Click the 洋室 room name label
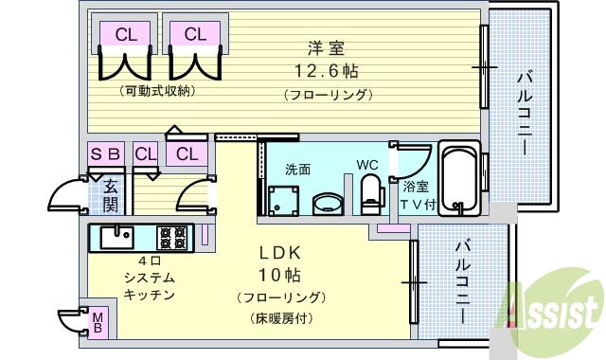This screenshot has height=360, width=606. pyautogui.click(x=325, y=47)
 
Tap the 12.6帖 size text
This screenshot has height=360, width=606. pyautogui.click(x=325, y=70)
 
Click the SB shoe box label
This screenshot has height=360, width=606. pyautogui.click(x=105, y=153)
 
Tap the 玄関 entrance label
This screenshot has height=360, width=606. pyautogui.click(x=110, y=193)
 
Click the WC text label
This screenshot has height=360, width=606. pyautogui.click(x=367, y=164)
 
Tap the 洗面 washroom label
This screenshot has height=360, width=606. pyautogui.click(x=297, y=169)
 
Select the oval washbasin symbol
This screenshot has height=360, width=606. pyautogui.click(x=329, y=203)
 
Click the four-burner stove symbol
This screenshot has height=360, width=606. pyautogui.click(x=171, y=234)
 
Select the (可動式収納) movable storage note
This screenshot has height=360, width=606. pyautogui.click(x=157, y=92)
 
